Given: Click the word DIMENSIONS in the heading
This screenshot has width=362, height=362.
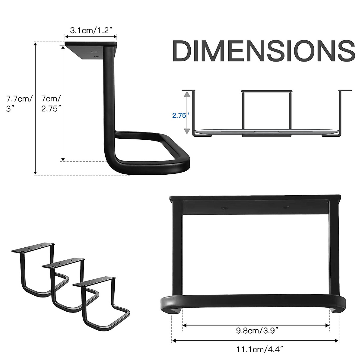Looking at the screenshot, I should (263, 51).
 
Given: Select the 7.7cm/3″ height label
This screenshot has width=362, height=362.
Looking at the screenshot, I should (19, 103).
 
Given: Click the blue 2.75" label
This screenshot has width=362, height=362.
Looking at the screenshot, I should (180, 115).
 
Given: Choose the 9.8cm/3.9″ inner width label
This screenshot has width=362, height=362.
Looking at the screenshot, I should (257, 331).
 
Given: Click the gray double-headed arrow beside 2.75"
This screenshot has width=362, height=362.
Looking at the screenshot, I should (187, 113).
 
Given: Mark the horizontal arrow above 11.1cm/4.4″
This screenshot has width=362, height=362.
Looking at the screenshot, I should (255, 341).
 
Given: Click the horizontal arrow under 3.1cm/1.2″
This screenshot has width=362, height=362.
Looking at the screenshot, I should (91, 37).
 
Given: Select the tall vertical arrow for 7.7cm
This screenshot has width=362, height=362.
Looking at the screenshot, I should (36, 109).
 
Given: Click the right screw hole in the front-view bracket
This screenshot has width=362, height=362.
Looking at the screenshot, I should (286, 208).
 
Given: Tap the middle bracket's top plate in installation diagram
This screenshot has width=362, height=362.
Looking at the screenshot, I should (267, 91).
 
